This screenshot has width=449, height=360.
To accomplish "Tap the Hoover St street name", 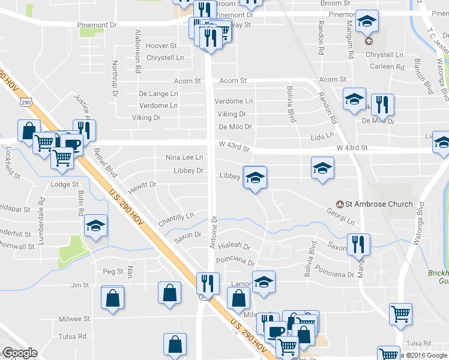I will pos(161,46).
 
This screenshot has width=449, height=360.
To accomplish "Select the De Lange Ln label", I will pos(158,94).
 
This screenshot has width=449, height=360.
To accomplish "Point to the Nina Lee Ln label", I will pos(184,157).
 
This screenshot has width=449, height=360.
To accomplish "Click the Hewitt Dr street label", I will pos(142,184).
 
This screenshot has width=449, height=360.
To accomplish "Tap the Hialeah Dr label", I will pos(234,247).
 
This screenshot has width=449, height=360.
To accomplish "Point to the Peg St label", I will pos(113,271).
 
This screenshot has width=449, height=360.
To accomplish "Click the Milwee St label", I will pos(74,319).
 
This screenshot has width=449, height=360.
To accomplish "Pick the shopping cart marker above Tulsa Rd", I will pos(400,313).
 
